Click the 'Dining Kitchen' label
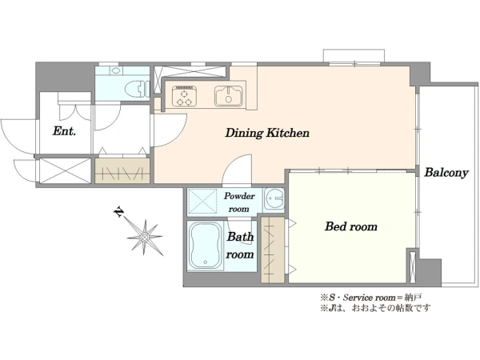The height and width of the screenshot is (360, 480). pyautogui.click(x=267, y=133)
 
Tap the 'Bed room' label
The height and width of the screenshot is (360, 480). pyautogui.click(x=351, y=227)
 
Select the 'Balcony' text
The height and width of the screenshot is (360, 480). pyautogui.click(x=446, y=173)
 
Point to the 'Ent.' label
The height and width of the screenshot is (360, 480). pyautogui.click(x=64, y=131)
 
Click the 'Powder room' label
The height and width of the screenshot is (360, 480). pyautogui.click(x=239, y=202)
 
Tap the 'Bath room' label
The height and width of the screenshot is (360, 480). pyautogui.click(x=240, y=246)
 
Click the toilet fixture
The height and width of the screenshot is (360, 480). pyautogui.click(x=136, y=89)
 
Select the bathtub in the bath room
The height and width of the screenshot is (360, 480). pyautogui.click(x=205, y=246)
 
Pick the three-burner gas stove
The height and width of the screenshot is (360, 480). pyautogui.click(x=184, y=96)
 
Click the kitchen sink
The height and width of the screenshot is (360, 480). pyautogui.click(x=229, y=96)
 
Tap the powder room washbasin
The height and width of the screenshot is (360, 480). pyautogui.click(x=274, y=198)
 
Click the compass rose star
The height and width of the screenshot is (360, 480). pyautogui.click(x=145, y=238)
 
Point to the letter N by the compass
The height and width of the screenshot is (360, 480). pyautogui.click(x=118, y=212)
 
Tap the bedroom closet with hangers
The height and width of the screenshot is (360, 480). pyautogui.click(x=273, y=250)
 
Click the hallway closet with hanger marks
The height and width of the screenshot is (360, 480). pyautogui.click(x=122, y=171)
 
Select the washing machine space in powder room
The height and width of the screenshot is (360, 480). pyautogui.click(x=202, y=201)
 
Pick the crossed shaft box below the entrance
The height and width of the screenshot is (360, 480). pyautogui.click(x=66, y=171)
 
